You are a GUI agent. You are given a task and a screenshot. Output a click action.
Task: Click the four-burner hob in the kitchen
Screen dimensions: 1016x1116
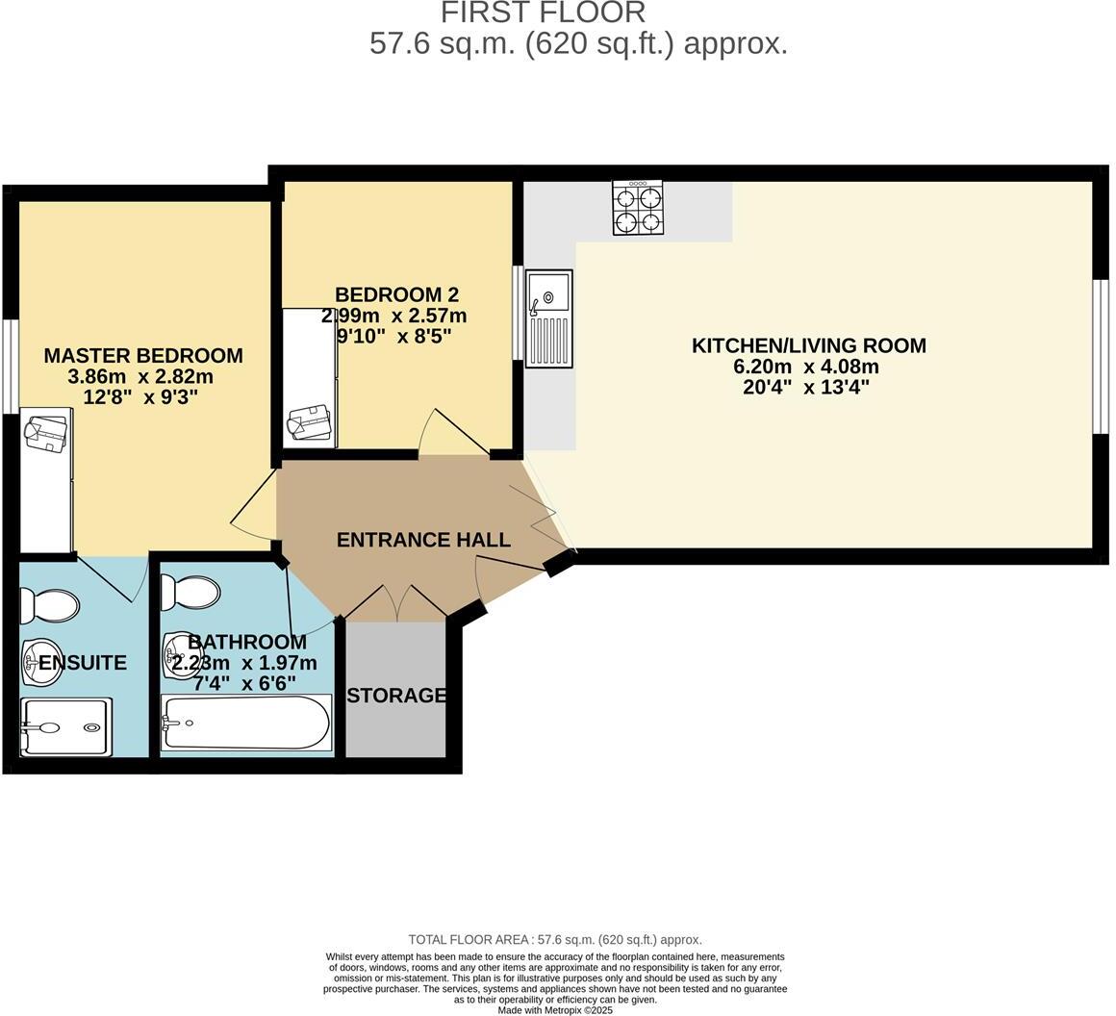point(637,208)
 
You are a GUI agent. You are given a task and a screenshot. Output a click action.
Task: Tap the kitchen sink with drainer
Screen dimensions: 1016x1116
point(548,318)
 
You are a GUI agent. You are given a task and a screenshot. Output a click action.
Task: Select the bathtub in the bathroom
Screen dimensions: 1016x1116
point(247,723)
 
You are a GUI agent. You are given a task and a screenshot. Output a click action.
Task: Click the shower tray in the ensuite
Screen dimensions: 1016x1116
point(65,727)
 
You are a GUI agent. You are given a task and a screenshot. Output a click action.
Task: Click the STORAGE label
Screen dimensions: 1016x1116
point(396,695)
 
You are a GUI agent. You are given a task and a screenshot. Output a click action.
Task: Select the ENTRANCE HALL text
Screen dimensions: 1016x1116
point(422,540)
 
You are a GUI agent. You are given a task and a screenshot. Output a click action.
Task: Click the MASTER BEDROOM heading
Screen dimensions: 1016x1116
point(143,355)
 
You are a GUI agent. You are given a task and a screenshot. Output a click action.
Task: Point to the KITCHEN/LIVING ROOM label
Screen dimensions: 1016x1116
point(808,344)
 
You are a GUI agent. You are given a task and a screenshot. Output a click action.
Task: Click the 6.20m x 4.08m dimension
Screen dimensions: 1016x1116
point(806,367)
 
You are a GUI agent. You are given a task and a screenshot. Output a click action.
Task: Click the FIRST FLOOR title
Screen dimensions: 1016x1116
point(543,13)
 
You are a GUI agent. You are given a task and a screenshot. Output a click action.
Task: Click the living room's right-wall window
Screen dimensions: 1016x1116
point(1103,357)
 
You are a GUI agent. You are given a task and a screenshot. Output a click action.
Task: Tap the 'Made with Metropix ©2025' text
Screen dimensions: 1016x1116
point(554,1010)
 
